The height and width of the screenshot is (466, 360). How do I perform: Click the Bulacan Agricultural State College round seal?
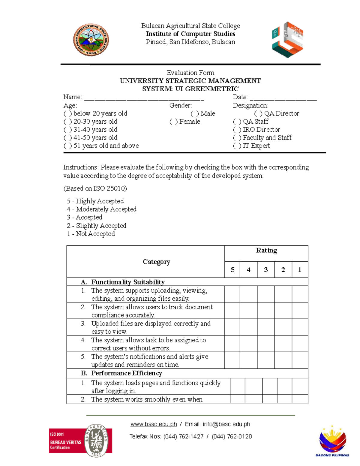tap(91, 40)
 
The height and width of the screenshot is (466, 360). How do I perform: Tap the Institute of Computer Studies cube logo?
tap(287, 39)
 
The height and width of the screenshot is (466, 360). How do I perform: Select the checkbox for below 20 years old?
tap(67, 114)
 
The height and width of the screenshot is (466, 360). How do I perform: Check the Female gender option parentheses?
tap(173, 122)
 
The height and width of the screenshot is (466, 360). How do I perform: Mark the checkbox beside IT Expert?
tap(237, 146)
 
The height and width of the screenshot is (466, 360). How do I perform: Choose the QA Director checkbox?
tap(258, 114)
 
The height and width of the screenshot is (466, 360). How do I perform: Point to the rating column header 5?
tap(232, 270)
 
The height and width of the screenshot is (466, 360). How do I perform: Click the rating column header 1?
tap(299, 270)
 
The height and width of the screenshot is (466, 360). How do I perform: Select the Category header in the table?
tap(156, 262)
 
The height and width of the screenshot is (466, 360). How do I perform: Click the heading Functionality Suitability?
tap(128, 282)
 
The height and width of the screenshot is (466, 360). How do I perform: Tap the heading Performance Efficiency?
tap(127, 373)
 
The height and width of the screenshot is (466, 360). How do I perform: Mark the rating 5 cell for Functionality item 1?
tap(232, 294)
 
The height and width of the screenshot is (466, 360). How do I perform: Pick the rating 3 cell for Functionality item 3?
tap(266, 327)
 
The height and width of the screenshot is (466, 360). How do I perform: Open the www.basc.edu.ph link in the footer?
tap(154, 424)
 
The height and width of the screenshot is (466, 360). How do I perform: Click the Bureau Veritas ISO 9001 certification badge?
tap(81, 440)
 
